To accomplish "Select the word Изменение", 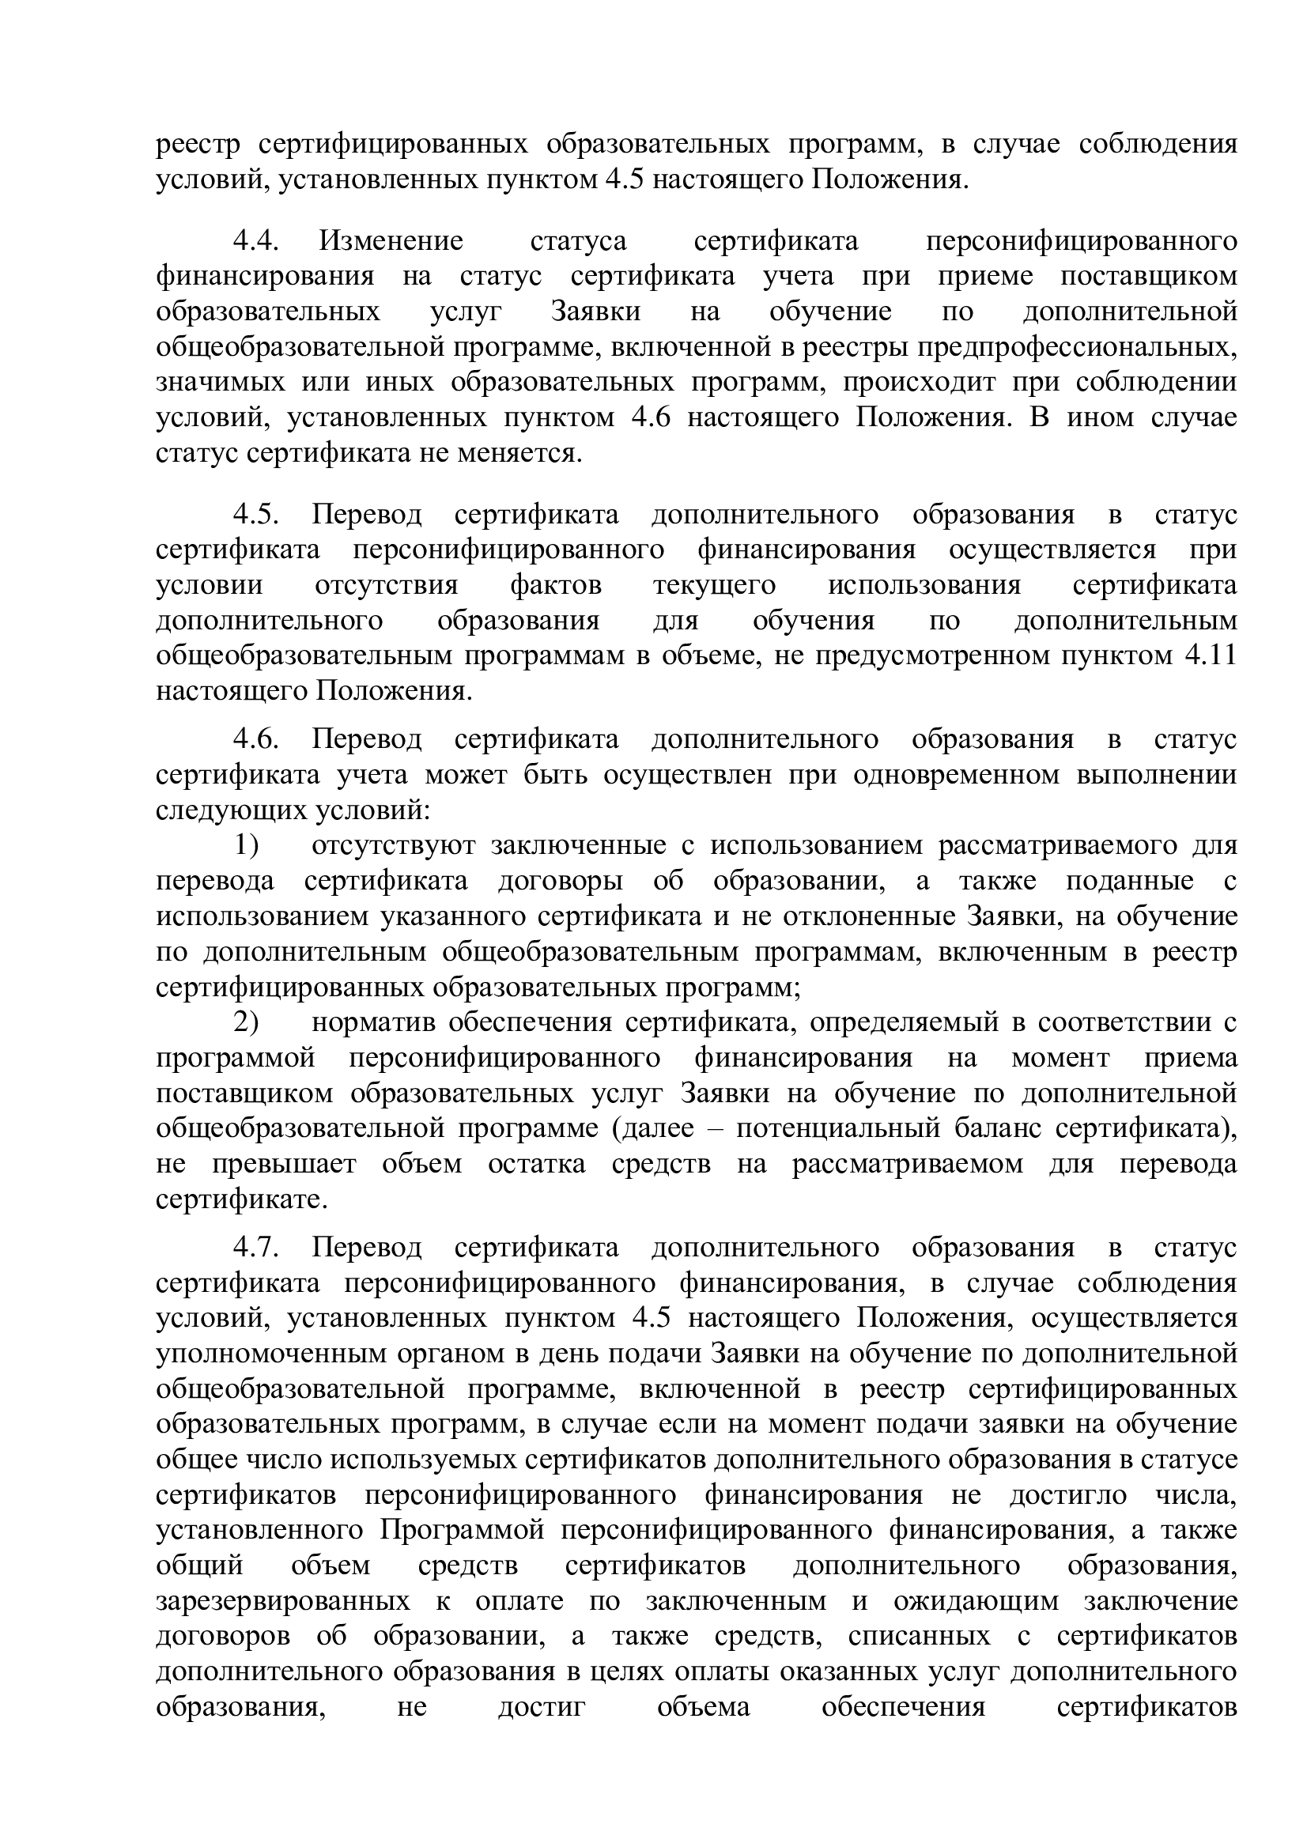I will (391, 241).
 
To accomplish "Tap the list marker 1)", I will (246, 846).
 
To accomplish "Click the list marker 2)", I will (246, 1022).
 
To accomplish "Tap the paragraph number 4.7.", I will (256, 1248).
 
